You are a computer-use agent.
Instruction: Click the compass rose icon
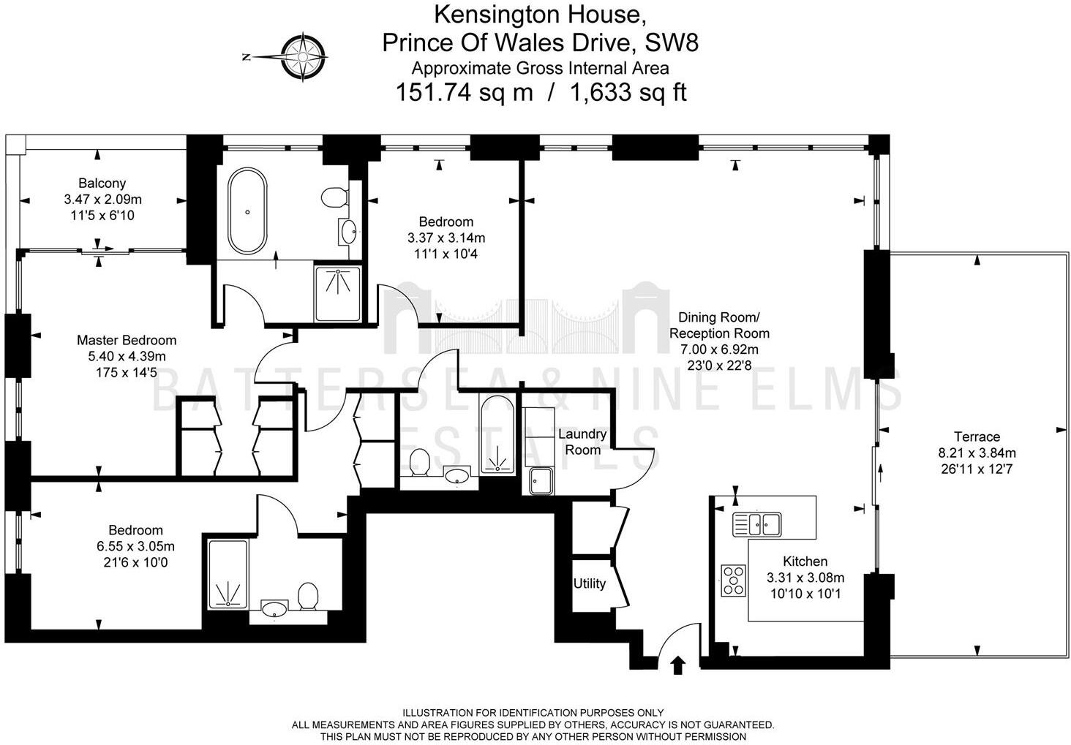[303, 56]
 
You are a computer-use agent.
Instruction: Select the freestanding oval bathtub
[248, 211]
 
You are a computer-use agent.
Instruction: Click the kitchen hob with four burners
[733, 581]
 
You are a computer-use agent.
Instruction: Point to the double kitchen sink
[757, 523]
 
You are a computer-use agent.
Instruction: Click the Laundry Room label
[582, 442]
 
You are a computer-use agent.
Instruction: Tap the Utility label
[589, 583]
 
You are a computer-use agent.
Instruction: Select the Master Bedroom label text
[127, 340]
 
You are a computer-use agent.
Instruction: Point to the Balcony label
[102, 184]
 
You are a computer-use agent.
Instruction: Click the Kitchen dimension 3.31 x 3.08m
[805, 578]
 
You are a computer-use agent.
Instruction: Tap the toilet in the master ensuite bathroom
[334, 197]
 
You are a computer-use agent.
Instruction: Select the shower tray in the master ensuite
[337, 292]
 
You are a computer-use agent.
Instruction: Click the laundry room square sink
[540, 480]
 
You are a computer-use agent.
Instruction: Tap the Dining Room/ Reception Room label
[719, 325]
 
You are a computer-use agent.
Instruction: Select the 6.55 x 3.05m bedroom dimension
[135, 546]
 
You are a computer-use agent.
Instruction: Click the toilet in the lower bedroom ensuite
[308, 596]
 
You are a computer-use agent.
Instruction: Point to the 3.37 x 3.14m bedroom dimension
[446, 238]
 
